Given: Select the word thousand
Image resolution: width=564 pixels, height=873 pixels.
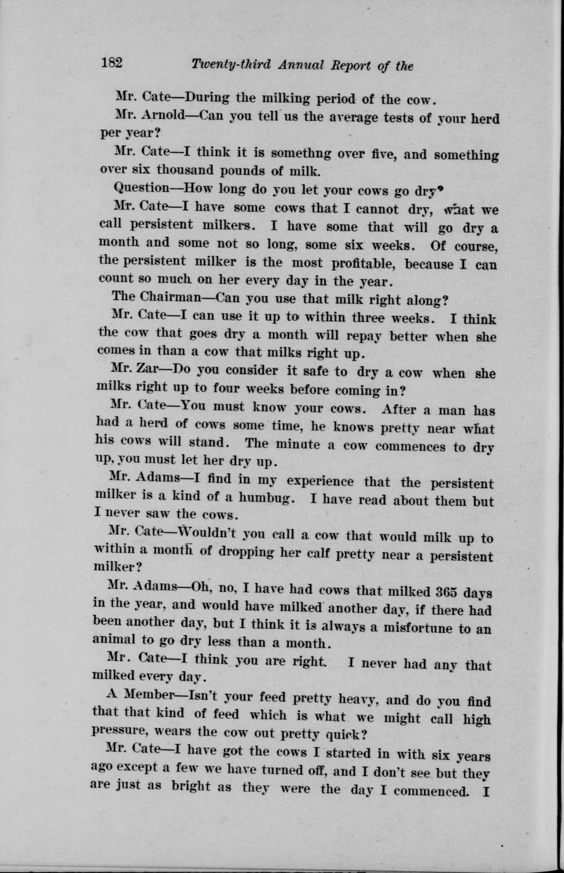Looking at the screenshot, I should point(187,171).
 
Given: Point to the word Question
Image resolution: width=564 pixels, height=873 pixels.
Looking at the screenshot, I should point(139,189).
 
